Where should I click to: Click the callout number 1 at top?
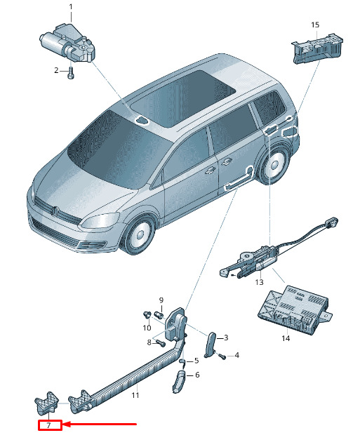(x=71, y=7)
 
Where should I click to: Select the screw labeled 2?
(x=71, y=73)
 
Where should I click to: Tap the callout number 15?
(x=315, y=25)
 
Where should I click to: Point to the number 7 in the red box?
(x=48, y=425)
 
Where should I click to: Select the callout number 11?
(x=135, y=395)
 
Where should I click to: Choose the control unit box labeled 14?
(x=295, y=310)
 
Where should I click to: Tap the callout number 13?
(x=259, y=282)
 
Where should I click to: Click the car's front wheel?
(x=140, y=234)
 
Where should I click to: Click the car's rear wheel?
(x=275, y=165)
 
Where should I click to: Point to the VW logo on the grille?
(x=55, y=211)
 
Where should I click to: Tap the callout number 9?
(x=161, y=300)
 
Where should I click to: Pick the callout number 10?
(x=147, y=328)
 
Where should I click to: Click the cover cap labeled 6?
(x=178, y=381)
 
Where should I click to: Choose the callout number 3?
(x=226, y=338)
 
